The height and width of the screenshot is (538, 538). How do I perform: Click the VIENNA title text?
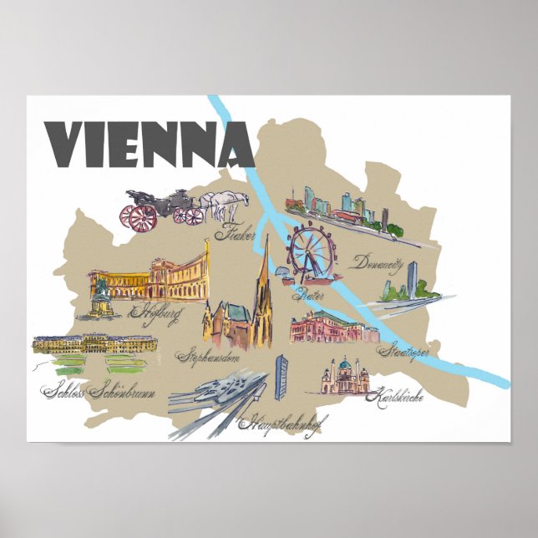click(x=150, y=145)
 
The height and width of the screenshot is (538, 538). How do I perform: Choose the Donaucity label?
click(x=378, y=261)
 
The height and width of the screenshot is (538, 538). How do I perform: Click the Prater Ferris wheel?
click(x=308, y=250)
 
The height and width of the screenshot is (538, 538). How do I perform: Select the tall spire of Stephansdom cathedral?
click(x=264, y=272)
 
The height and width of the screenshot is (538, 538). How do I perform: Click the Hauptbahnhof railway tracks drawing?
click(x=217, y=397)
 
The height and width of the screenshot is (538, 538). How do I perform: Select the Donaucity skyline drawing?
click(x=334, y=205)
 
